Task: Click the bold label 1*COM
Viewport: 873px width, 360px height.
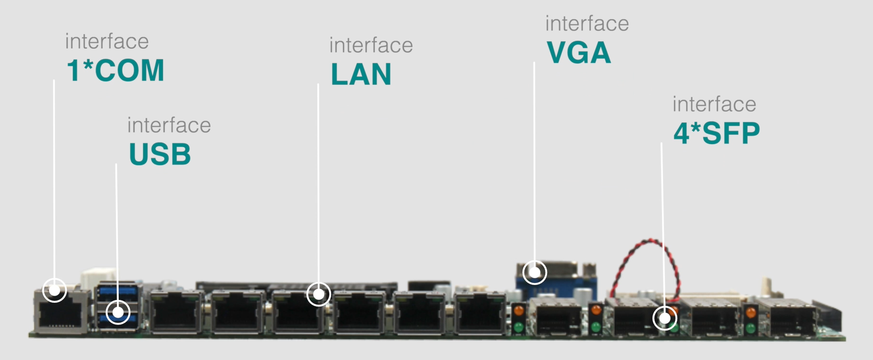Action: point(115,71)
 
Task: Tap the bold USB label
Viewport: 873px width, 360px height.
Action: point(160,154)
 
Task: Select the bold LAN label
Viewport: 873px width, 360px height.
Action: point(361,74)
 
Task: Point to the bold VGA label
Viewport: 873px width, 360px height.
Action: point(579,52)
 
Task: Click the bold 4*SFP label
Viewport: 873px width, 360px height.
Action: point(717,133)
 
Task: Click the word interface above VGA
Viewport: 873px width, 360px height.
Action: point(587,24)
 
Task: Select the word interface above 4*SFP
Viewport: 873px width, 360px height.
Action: point(714,104)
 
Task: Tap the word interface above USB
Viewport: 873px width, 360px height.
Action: point(169,125)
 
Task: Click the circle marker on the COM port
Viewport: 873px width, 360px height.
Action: point(54,290)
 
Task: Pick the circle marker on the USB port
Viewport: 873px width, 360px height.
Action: point(118,312)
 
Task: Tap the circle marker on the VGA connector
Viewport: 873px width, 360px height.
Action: point(535,272)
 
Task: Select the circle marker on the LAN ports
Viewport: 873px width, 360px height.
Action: point(319,294)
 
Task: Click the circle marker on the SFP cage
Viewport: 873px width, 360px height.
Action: point(665,318)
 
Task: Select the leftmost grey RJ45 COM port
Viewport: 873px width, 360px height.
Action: point(61,311)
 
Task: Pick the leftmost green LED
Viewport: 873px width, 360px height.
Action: point(518,328)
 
